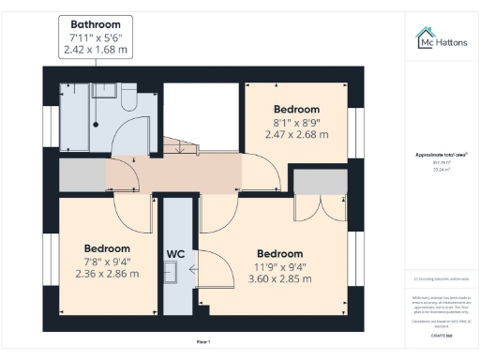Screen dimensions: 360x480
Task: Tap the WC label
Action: click(175, 253)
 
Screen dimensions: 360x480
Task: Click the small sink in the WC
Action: click(171, 272)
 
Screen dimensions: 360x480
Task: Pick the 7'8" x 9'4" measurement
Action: click(106, 261)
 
